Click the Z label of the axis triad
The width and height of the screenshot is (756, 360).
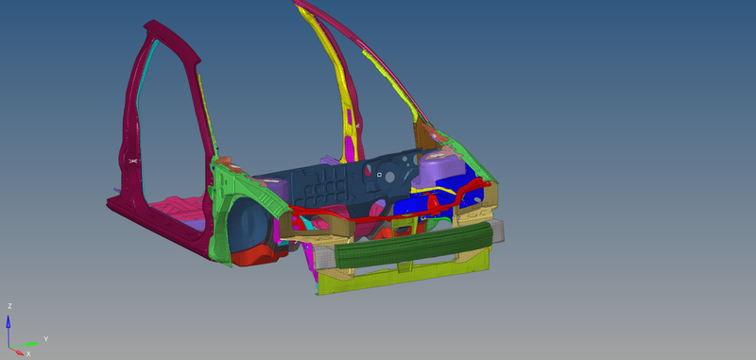[9, 306]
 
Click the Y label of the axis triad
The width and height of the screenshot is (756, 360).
[46, 337]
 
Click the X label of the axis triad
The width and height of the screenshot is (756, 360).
[27, 353]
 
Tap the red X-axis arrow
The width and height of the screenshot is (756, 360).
[18, 349]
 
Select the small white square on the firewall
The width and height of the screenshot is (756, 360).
[378, 174]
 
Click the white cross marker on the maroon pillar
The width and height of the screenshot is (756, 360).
[133, 162]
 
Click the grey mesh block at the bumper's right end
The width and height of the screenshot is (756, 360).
[491, 232]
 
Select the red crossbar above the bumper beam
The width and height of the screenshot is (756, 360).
[378, 216]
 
